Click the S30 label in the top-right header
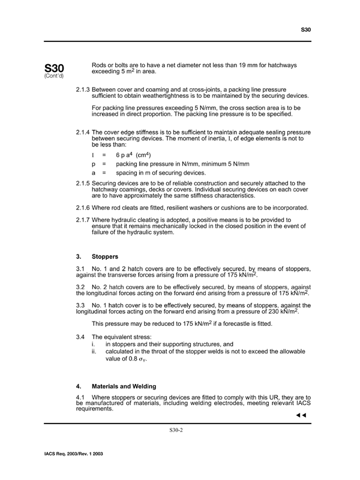click(306, 29)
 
